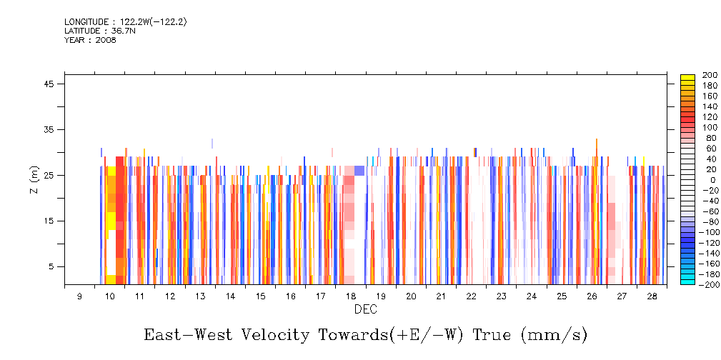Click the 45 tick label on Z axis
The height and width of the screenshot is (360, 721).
click(50, 84)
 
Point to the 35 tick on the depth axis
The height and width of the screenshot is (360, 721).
click(50, 129)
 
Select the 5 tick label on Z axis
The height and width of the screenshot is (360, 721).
click(52, 266)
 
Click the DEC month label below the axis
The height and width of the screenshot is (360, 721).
click(365, 309)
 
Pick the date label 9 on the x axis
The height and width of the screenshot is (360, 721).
click(79, 296)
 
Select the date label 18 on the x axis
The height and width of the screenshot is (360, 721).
click(350, 296)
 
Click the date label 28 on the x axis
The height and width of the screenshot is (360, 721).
click(652, 296)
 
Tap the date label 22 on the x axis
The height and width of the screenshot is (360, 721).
click(471, 296)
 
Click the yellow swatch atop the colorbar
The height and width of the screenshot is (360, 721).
click(687, 76)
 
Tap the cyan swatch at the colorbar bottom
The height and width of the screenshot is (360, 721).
click(687, 281)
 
